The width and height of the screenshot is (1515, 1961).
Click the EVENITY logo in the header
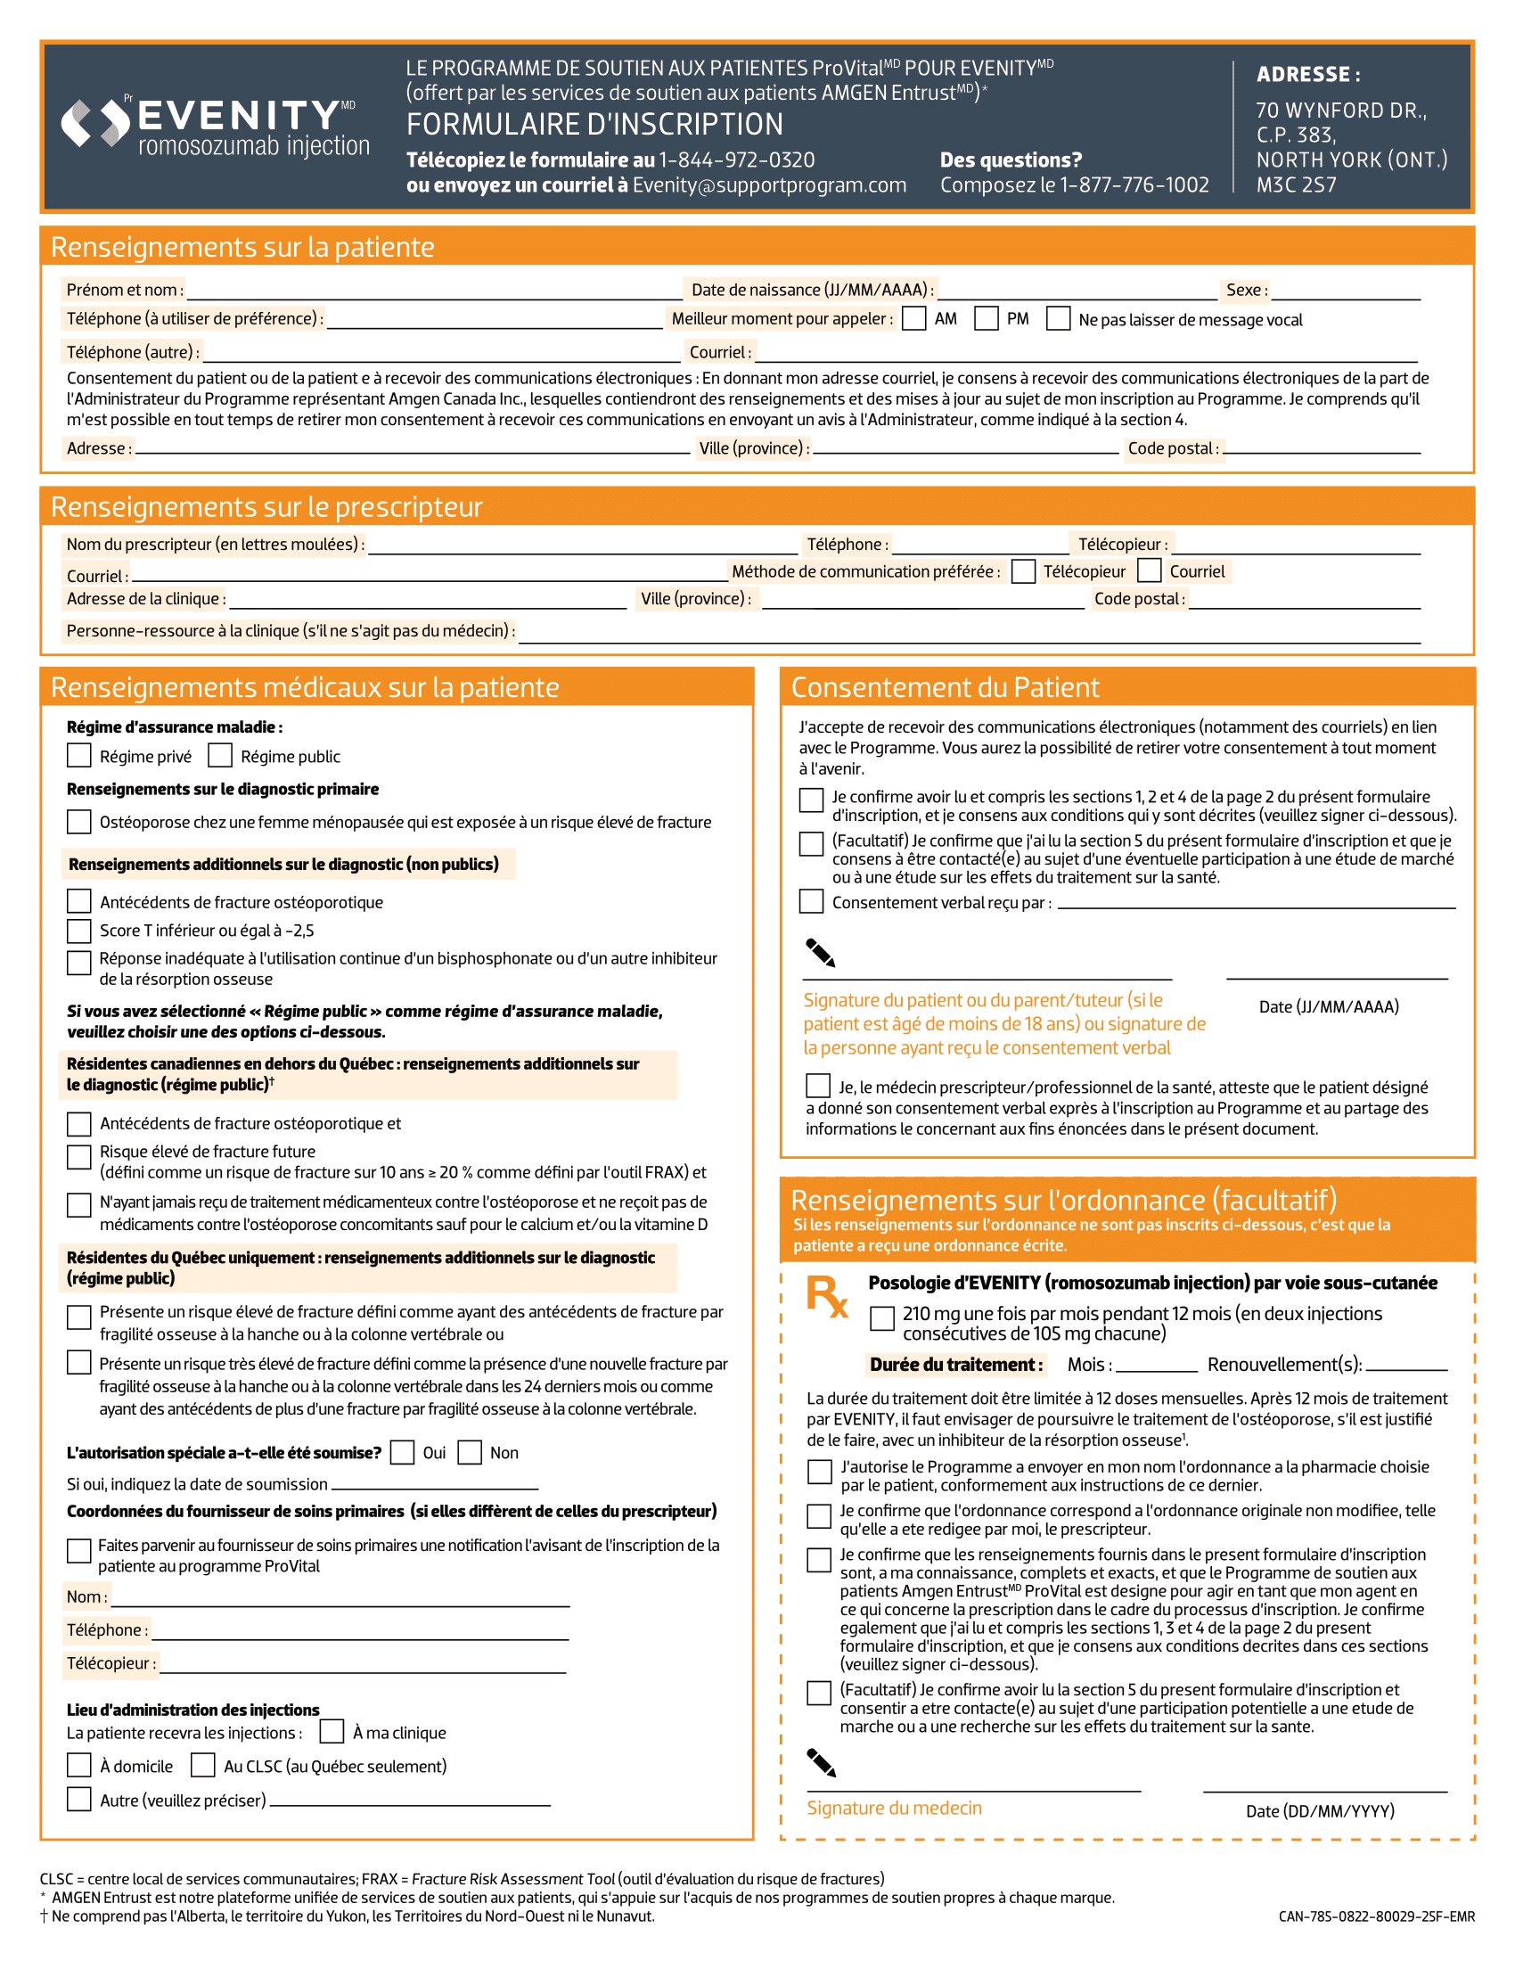(x=216, y=126)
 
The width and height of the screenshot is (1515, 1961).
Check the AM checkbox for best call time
(x=913, y=319)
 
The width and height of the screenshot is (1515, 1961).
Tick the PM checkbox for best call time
(x=987, y=319)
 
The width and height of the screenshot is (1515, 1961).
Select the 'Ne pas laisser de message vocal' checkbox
(x=1058, y=319)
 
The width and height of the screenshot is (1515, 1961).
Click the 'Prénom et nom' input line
(x=435, y=292)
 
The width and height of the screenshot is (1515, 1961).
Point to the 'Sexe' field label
(x=1247, y=290)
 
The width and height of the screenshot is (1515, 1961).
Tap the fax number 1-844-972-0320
(x=736, y=160)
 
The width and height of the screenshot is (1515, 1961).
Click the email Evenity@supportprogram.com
(x=769, y=185)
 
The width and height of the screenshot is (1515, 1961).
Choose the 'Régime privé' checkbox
(x=79, y=755)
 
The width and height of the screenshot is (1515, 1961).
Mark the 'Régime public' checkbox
(x=220, y=755)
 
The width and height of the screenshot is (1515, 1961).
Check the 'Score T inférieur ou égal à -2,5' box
(x=79, y=931)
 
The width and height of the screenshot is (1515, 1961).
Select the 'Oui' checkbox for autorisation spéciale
(x=402, y=1452)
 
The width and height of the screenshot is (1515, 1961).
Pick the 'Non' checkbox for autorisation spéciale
(x=470, y=1452)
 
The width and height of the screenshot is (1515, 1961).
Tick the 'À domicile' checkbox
(x=79, y=1765)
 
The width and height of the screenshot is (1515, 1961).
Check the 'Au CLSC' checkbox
(x=203, y=1765)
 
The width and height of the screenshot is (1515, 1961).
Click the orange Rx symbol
(x=827, y=1297)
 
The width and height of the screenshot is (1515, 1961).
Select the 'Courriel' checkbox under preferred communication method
(x=1149, y=571)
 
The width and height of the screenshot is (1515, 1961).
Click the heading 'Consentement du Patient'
(x=944, y=687)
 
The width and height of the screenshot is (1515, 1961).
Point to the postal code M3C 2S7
(x=1296, y=185)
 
